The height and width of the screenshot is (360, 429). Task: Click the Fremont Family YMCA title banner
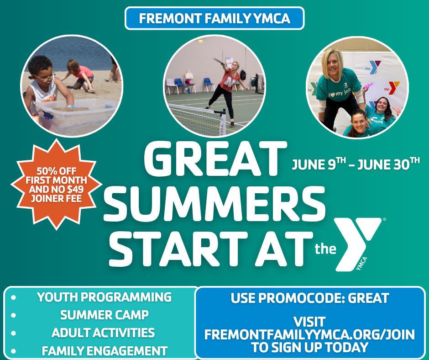(214, 18)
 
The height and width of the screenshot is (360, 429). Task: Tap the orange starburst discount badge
(56, 185)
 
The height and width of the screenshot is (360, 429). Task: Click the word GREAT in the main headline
(215, 159)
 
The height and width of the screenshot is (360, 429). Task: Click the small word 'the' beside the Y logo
(325, 249)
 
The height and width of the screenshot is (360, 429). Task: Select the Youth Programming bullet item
(104, 297)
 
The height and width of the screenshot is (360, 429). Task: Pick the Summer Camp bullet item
(104, 315)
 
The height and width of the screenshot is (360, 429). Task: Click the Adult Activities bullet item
(103, 333)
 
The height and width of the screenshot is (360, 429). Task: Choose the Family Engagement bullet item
(104, 351)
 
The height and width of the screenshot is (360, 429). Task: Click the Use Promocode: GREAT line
(310, 298)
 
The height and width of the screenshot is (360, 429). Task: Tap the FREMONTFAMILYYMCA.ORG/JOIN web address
(309, 334)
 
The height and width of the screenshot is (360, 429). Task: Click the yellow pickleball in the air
(200, 42)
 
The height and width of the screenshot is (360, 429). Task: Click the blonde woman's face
(332, 65)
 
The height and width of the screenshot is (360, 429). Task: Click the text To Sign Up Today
(309, 347)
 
